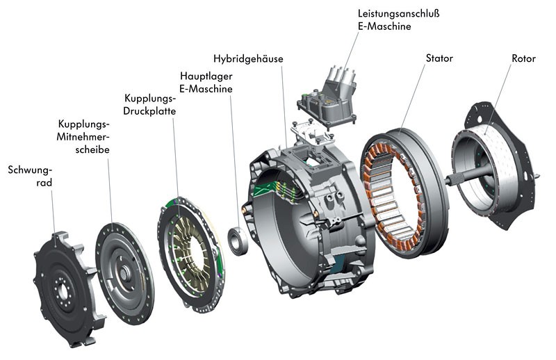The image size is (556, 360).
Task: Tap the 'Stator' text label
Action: (439, 58)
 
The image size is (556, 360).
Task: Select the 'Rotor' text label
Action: (523, 58)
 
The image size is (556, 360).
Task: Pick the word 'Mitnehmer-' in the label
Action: (83, 137)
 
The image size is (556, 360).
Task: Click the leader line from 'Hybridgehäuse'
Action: (284, 104)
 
